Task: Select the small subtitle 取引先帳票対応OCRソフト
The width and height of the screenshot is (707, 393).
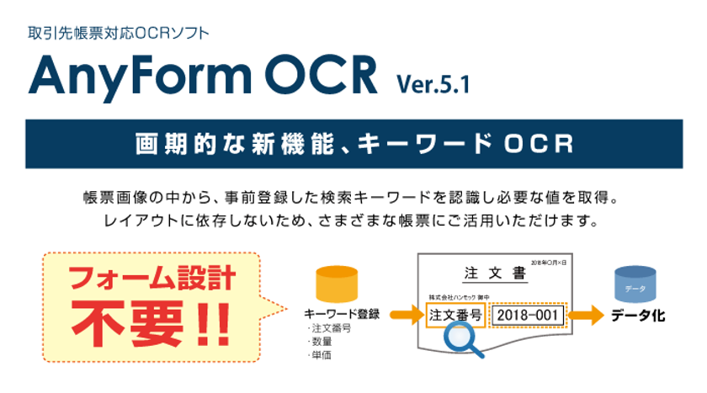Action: coord(119,35)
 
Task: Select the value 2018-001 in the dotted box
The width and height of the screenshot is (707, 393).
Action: coord(524,315)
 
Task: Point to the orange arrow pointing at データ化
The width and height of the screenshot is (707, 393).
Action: coord(587,316)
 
